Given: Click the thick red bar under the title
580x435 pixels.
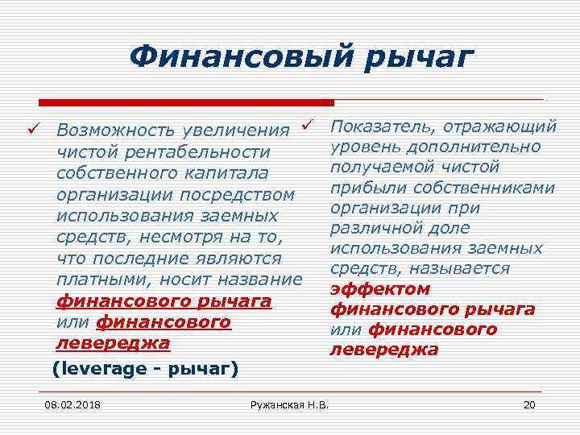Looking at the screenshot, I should pos(186,102).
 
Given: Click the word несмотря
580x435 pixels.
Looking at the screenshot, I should pos(172,238).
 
